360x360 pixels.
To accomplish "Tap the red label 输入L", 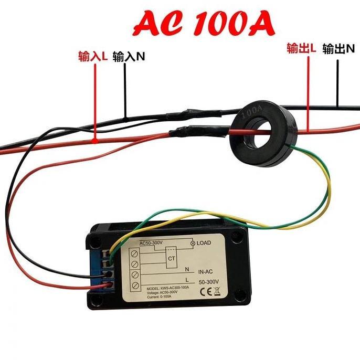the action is pos(93,56).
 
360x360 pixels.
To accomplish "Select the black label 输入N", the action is pos(129,56).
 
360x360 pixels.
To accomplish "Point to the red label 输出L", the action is pos(301,48).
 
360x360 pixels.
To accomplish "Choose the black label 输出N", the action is pos(339,49).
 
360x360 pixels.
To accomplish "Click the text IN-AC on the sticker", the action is pos(208,273).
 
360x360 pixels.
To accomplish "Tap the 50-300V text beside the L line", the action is pos(209,282).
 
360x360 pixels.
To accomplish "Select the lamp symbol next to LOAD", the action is pos(192,243).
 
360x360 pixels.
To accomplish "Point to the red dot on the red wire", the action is pos(94,140).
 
